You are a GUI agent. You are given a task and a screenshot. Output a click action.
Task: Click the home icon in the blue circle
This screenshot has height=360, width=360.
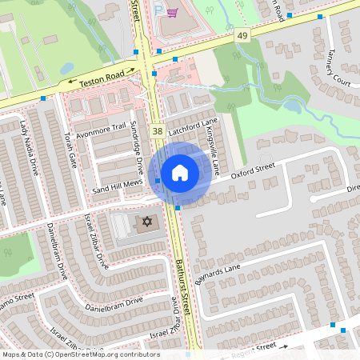[180, 173]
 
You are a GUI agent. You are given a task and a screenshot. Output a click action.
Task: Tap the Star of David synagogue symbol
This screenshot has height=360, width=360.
[146, 221]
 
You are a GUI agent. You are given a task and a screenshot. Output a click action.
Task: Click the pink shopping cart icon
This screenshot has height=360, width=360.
[171, 13]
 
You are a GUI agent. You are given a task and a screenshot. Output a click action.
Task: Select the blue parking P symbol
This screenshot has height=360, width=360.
[158, 10]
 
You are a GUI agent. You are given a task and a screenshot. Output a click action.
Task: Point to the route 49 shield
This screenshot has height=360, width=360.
[242, 36]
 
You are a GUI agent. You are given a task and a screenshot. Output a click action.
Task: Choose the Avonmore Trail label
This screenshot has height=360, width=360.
[103, 126]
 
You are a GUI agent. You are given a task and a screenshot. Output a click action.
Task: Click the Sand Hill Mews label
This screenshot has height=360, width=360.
[117, 186]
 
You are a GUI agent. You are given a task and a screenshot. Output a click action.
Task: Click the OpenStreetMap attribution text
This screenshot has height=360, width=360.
[80, 354]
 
